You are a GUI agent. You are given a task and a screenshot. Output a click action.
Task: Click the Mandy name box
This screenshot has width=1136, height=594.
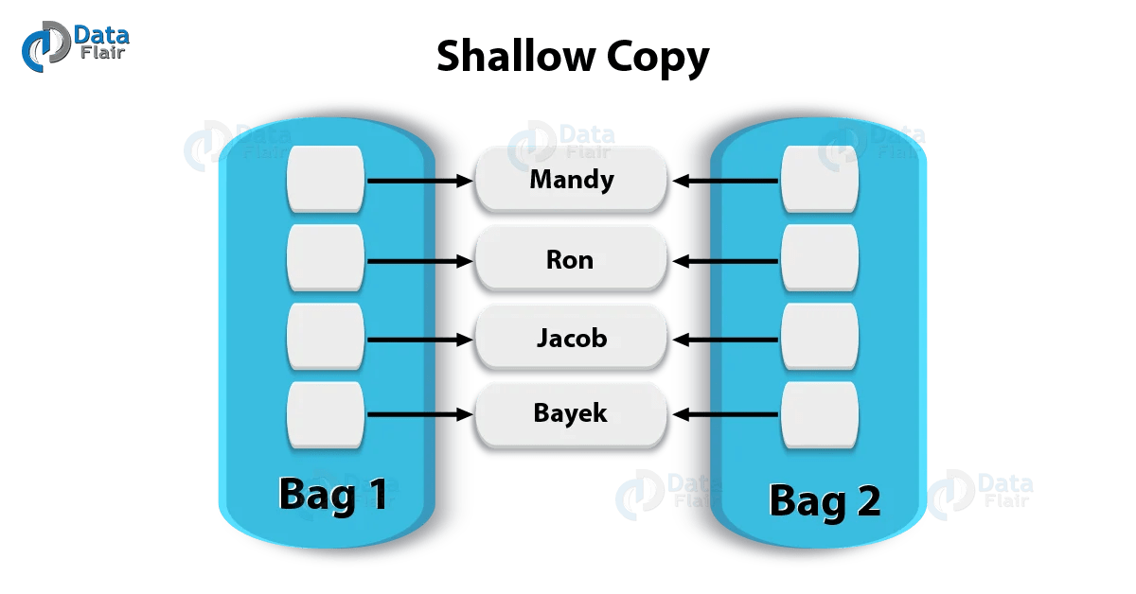click(572, 179)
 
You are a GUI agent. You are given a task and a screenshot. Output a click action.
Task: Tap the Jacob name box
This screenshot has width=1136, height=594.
click(572, 337)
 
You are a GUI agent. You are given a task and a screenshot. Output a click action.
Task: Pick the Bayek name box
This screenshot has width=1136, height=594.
click(572, 413)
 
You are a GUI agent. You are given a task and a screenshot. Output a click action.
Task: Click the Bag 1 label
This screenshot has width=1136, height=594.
click(332, 495)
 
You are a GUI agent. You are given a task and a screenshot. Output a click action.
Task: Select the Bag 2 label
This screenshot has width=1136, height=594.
click(825, 498)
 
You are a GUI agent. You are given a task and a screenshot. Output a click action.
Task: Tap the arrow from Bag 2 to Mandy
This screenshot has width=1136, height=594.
click(727, 180)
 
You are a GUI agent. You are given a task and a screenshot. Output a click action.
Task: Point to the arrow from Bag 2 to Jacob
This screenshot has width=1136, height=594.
click(727, 338)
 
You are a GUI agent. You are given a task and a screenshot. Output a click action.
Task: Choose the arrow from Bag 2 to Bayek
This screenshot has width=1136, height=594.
click(727, 414)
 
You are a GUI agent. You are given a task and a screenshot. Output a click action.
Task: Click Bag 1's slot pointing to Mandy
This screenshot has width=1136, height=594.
click(326, 179)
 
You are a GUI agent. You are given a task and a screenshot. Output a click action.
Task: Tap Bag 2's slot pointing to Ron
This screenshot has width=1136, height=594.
click(820, 258)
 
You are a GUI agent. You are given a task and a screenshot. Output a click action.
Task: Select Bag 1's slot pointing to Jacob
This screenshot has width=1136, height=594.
click(326, 337)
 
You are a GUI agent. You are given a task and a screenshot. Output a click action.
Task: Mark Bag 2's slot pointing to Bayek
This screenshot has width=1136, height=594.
click(820, 414)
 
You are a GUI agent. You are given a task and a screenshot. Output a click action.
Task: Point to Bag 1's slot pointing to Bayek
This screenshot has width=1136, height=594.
click(326, 414)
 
